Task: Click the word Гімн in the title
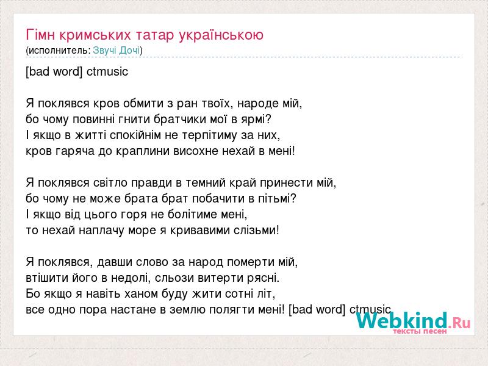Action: coord(40,35)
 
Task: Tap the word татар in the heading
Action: coord(155,35)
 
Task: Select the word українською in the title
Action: coord(221,35)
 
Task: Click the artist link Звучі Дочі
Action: coord(117,51)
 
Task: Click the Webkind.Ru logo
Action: coord(414,321)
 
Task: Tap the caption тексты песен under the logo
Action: coord(420,331)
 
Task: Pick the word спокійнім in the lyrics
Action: coord(135,135)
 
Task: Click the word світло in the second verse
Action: coord(110,182)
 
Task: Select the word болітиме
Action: coord(192,215)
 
